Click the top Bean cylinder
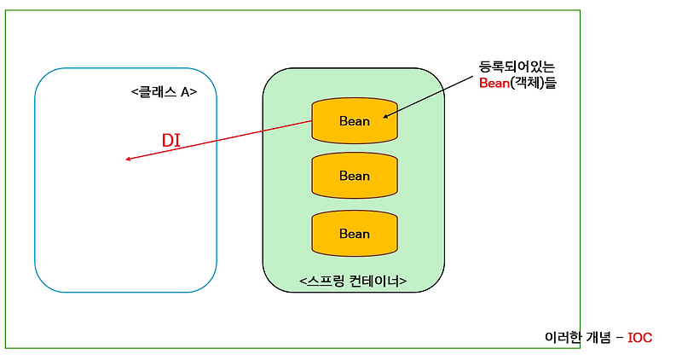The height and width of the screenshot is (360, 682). click(354, 121)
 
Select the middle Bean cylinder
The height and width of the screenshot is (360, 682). click(354, 176)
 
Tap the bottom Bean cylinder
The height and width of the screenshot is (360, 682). click(354, 234)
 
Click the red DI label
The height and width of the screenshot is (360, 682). click(172, 141)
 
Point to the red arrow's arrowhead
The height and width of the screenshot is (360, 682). click(128, 159)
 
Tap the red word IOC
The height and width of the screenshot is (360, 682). click(639, 338)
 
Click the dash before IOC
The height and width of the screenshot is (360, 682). click(620, 338)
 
